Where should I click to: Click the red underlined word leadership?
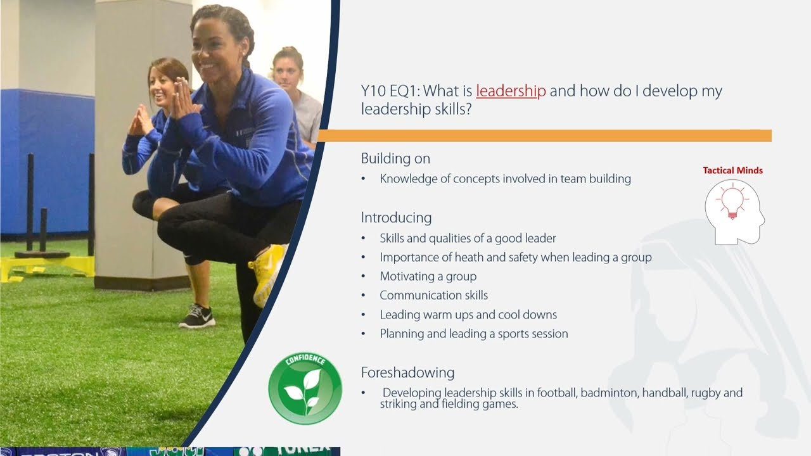[x=511, y=91]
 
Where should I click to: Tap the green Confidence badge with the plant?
[x=305, y=388]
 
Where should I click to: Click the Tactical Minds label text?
[x=732, y=170]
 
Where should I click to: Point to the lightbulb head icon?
[x=733, y=212]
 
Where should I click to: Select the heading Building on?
[x=395, y=158]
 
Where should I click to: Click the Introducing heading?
[x=396, y=218]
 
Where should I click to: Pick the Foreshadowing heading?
[x=407, y=372]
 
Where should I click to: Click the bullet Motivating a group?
[x=428, y=277]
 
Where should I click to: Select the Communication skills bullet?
[x=433, y=296]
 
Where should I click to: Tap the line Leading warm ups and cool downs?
[x=468, y=315]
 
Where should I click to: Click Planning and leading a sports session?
[x=473, y=334]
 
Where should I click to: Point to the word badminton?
[x=609, y=393]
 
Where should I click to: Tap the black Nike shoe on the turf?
[x=197, y=316]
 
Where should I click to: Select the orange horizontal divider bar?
[x=545, y=136]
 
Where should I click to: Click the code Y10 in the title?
[x=373, y=91]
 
